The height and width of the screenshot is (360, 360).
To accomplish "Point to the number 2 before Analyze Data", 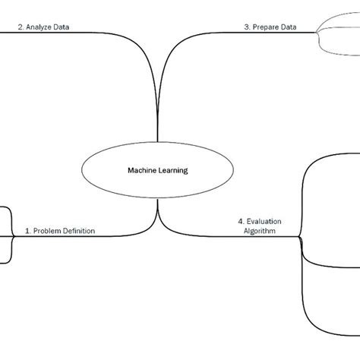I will coord(21,27).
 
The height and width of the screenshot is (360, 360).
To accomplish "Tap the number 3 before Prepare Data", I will coord(248,27).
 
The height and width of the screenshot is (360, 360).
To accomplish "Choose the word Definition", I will coord(80,230).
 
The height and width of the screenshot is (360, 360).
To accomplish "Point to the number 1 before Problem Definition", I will coord(28,230).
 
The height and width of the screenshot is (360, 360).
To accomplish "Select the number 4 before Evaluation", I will coord(239,222).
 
